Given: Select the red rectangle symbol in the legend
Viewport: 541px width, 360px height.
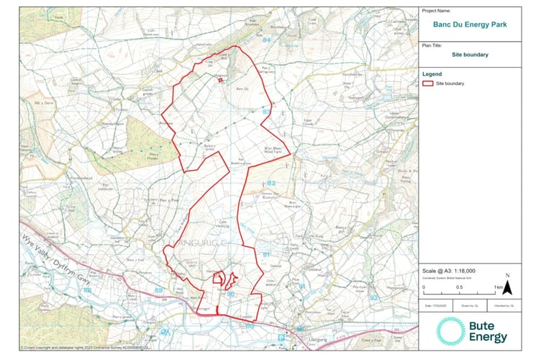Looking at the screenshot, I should [x=427, y=84].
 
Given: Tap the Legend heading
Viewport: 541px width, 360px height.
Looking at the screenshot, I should [x=432, y=73].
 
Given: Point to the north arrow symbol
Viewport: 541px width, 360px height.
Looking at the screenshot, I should [x=506, y=287].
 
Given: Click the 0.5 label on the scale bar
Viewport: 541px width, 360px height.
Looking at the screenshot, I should [x=459, y=287].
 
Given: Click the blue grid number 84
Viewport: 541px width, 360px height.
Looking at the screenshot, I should [x=267, y=40].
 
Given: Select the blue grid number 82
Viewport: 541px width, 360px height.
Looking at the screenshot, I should [x=271, y=184].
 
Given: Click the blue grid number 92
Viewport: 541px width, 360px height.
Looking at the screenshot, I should [x=373, y=296].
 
